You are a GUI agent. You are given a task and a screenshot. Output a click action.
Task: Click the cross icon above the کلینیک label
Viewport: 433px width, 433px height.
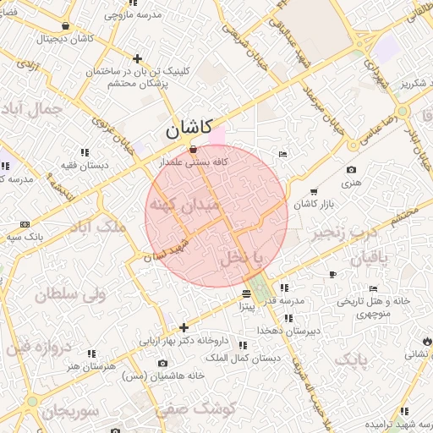pos(138,58)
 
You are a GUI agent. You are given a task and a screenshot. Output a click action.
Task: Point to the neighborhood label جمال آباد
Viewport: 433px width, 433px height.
pos(34,109)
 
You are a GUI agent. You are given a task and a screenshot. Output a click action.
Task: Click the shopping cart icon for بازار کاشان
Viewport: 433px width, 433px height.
pos(315,192)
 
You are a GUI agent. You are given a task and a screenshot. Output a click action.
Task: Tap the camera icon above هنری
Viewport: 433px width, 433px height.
pos(351,170)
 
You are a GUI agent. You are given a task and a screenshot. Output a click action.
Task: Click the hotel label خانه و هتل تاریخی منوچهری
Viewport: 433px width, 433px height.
pos(374,306)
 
